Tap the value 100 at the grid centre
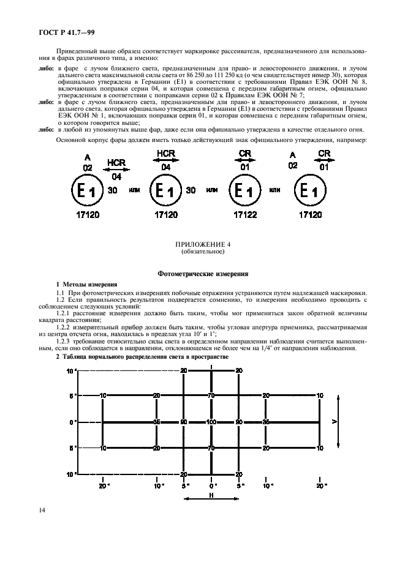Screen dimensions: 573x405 click(x=211, y=422)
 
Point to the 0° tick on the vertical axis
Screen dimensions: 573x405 click(x=72, y=422)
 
